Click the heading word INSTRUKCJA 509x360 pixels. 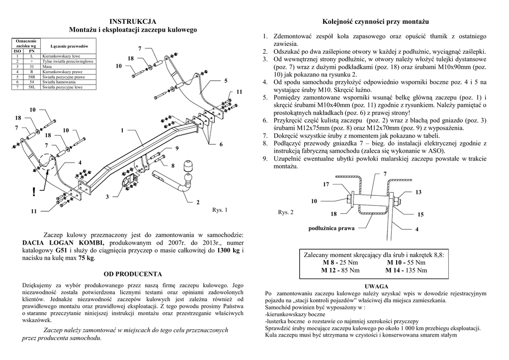click(x=133, y=21)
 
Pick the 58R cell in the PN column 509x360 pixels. click(x=32, y=77)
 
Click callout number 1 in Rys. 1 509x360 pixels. click(x=121, y=130)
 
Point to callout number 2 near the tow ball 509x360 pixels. click(x=197, y=202)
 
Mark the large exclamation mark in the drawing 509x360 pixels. click(x=33, y=192)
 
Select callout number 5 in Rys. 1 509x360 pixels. click(x=226, y=81)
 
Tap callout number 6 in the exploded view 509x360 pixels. click(x=221, y=144)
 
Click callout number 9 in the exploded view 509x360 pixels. click(x=176, y=149)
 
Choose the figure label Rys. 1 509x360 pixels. click(x=220, y=210)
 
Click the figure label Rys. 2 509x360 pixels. click(x=286, y=212)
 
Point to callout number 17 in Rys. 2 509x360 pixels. click(x=326, y=184)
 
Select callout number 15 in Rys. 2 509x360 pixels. click(x=421, y=214)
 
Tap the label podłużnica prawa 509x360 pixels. click(x=332, y=228)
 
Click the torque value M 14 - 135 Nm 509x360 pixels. click(x=406, y=270)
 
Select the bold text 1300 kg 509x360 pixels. click(x=229, y=250)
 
